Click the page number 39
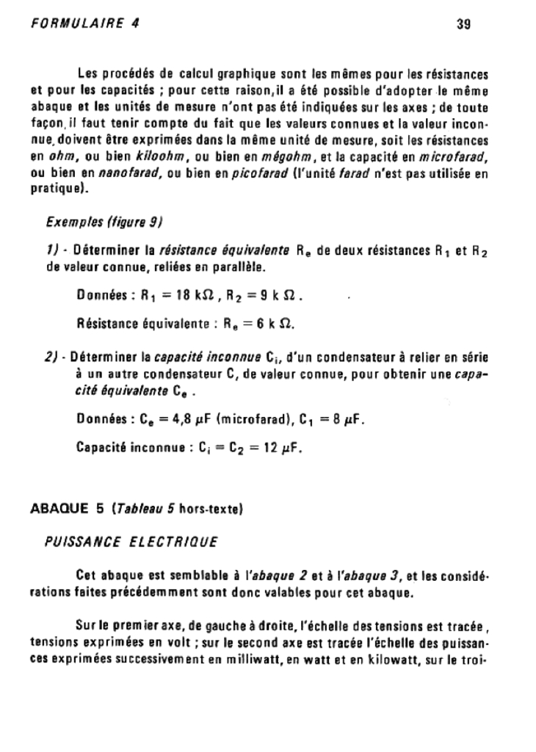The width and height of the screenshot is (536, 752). (x=463, y=24)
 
